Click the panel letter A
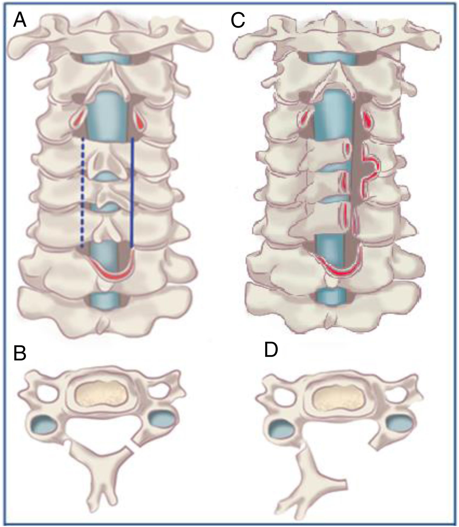[x=19, y=21]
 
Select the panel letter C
[x=238, y=21]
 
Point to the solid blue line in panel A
[x=132, y=192]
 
